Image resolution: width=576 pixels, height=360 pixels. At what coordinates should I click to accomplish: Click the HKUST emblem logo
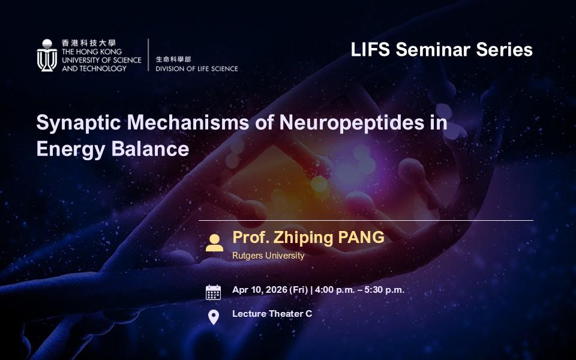point(47,55)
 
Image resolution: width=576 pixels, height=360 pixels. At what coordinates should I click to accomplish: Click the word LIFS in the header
point(370,50)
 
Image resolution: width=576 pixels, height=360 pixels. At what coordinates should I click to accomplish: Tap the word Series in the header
point(505,50)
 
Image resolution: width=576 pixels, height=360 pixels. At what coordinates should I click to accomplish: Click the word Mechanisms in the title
point(188,122)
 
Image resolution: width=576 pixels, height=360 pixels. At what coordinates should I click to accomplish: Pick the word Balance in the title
point(150,149)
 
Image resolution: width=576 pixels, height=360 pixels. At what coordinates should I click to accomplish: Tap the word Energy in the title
point(71,150)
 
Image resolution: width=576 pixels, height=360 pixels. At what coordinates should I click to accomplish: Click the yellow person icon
point(215,243)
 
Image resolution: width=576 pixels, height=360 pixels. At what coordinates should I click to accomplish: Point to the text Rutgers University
point(268,256)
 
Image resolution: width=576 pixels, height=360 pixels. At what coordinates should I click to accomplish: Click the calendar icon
point(214,292)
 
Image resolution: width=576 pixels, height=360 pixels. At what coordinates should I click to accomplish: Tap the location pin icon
point(214,317)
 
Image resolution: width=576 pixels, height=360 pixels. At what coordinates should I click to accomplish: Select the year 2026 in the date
point(277,290)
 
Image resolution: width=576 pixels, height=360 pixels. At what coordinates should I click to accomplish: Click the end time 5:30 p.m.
point(384,290)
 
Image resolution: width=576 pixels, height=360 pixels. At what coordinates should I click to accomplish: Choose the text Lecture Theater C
point(272,314)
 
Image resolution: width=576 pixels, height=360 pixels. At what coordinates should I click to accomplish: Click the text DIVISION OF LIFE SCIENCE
point(197,68)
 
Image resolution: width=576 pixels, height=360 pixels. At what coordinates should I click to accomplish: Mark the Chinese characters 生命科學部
point(173,59)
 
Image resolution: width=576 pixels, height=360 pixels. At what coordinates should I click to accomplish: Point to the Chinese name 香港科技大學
point(89,43)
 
